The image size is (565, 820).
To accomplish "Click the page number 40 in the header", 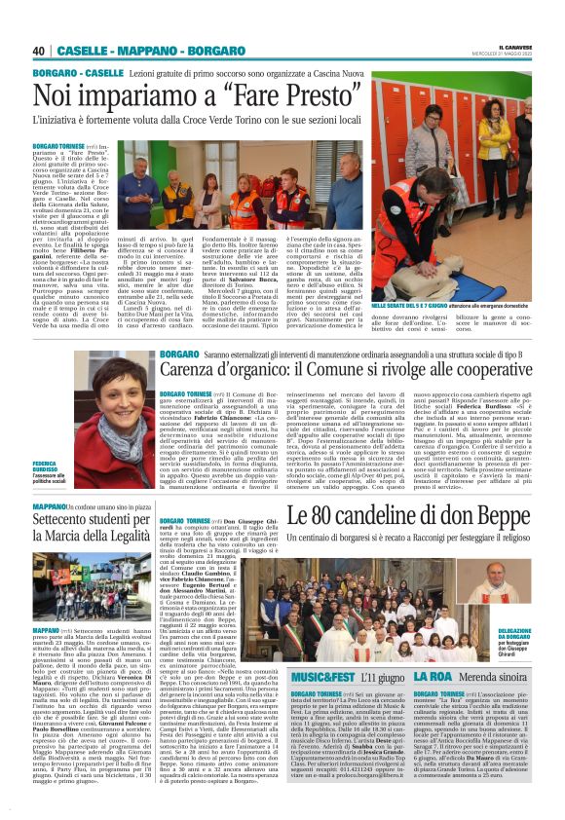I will [38, 50].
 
